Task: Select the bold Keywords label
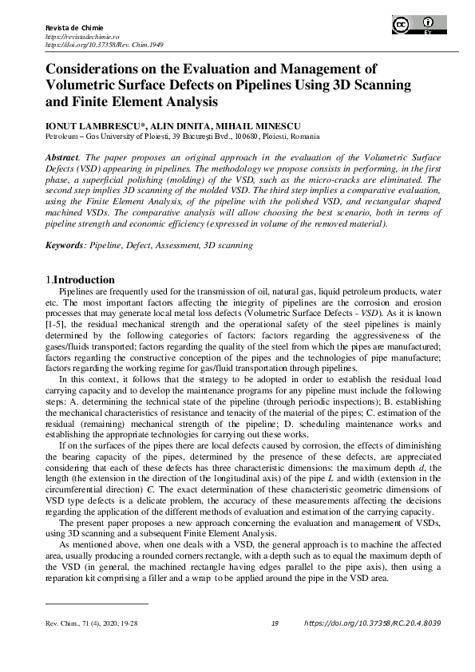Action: (64, 246)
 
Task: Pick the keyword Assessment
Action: (177, 246)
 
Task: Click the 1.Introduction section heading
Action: (80, 280)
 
